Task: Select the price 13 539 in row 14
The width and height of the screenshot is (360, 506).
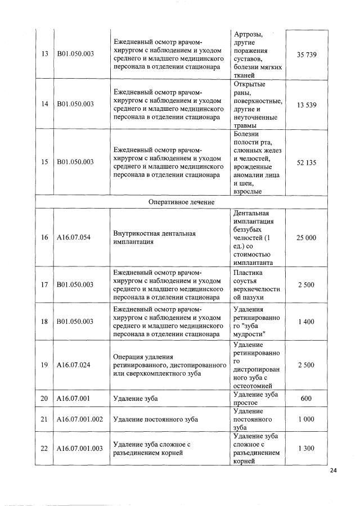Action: click(306, 105)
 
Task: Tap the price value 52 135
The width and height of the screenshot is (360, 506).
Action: click(306, 162)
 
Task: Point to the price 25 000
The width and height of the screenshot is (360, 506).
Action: click(306, 238)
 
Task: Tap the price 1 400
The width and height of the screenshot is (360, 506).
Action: click(306, 321)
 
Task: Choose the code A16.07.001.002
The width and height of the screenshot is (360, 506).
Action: click(80, 419)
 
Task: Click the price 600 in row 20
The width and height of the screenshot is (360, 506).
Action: click(306, 398)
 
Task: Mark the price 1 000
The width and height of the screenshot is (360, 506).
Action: click(306, 419)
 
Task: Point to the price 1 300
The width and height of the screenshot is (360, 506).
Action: click(306, 448)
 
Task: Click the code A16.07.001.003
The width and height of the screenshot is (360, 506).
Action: click(80, 448)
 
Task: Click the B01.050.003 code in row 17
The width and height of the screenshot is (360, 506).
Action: click(75, 285)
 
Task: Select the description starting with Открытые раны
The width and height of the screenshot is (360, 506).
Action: click(256, 105)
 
